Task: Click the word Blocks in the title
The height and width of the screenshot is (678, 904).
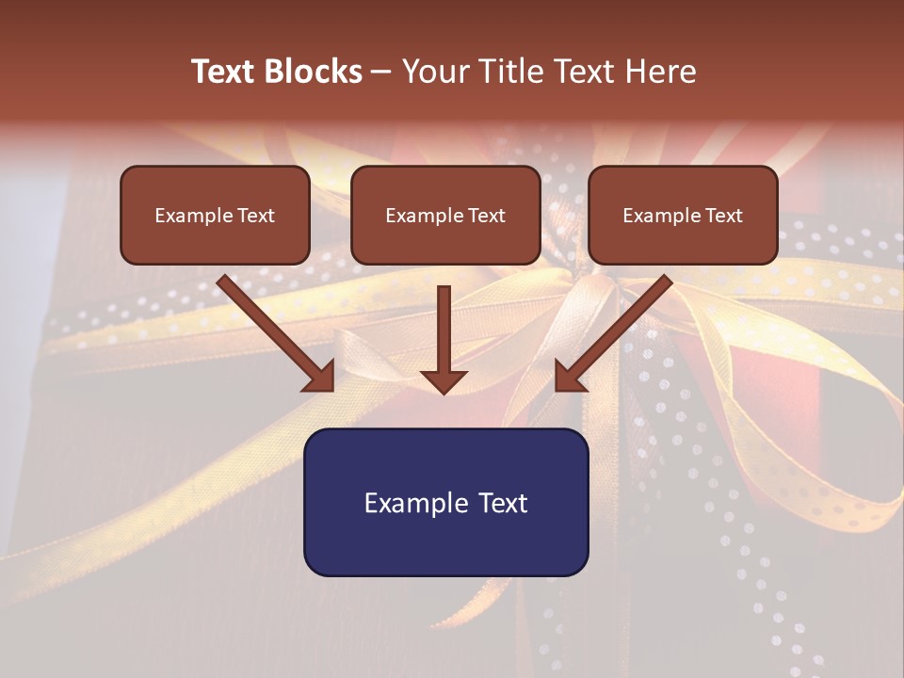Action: coord(315,72)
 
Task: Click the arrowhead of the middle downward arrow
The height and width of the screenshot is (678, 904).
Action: coord(444,380)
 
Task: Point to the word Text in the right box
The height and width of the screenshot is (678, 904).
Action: coord(723,216)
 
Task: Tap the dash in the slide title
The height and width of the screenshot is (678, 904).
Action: coord(381,73)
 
